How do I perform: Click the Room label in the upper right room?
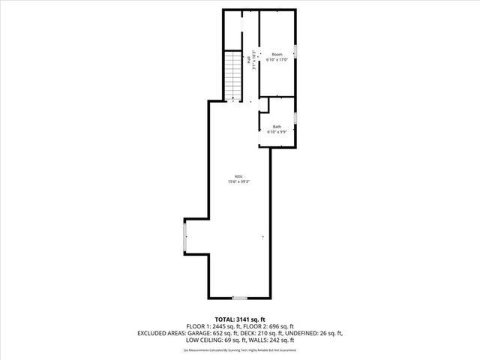click(x=277, y=55)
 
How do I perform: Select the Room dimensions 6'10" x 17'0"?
click(x=277, y=61)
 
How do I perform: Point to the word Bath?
click(x=277, y=127)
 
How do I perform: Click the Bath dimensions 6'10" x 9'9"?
click(x=277, y=132)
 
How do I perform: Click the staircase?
click(x=232, y=76)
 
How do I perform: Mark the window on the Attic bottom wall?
click(x=238, y=298)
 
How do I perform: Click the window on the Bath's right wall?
click(x=295, y=118)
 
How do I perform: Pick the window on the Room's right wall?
click(x=295, y=52)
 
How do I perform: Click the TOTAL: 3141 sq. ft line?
click(x=240, y=319)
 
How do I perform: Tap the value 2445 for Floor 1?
click(x=213, y=326)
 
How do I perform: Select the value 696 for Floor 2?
click(x=278, y=326)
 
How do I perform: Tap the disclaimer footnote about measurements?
click(x=240, y=349)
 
